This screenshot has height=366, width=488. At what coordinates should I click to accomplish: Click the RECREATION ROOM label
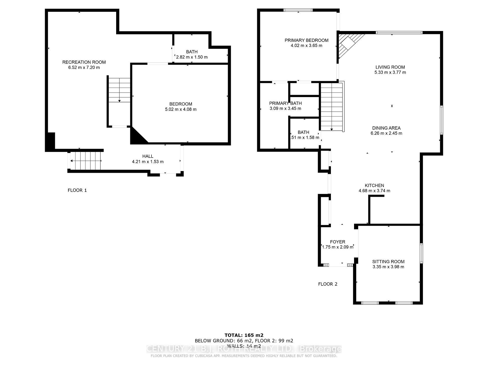pyautogui.click(x=84, y=62)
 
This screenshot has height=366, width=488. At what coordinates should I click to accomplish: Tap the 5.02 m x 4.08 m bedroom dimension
pyautogui.click(x=180, y=109)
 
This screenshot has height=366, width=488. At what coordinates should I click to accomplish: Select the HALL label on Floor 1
pyautogui.click(x=148, y=156)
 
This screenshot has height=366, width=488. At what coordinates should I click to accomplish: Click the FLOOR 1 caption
pyautogui.click(x=77, y=190)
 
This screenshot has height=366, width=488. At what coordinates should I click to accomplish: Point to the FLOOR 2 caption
pyautogui.click(x=328, y=284)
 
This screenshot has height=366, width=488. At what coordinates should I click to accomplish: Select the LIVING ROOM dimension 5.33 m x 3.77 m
pyautogui.click(x=390, y=72)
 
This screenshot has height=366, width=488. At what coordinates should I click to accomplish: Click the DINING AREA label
pyautogui.click(x=386, y=128)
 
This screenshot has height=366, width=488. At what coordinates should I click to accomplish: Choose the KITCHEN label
pyautogui.click(x=374, y=186)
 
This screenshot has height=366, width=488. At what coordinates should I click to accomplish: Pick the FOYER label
pyautogui.click(x=338, y=242)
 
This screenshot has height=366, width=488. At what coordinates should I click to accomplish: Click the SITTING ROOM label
pyautogui.click(x=388, y=262)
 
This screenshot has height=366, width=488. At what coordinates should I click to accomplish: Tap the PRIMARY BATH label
pyautogui.click(x=285, y=103)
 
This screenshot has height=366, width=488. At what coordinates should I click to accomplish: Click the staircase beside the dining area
pyautogui.click(x=332, y=107)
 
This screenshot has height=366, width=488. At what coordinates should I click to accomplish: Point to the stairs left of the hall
pyautogui.click(x=86, y=161)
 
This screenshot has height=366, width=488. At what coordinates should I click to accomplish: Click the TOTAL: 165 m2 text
pyautogui.click(x=244, y=335)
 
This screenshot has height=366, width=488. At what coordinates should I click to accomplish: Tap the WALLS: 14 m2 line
pyautogui.click(x=244, y=346)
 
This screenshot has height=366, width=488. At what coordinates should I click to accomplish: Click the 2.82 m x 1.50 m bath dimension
pyautogui.click(x=192, y=57)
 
